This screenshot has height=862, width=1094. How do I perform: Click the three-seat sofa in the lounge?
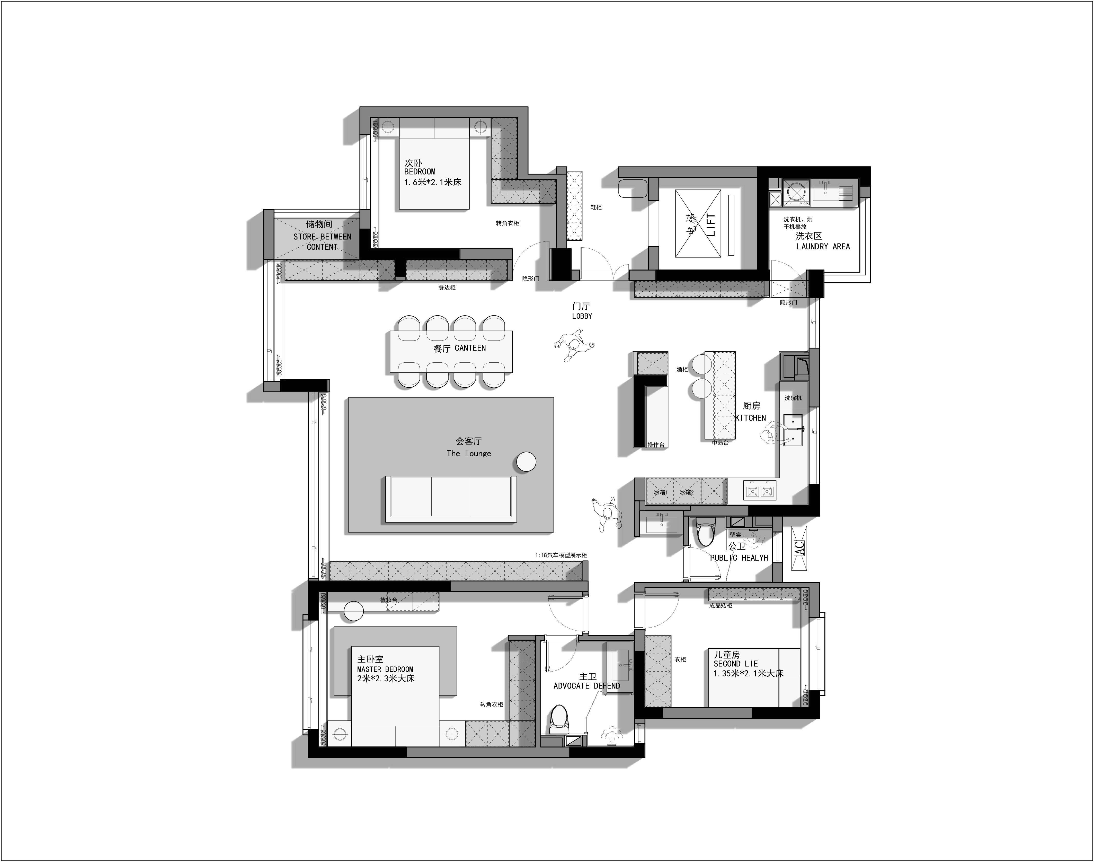coord(451,499)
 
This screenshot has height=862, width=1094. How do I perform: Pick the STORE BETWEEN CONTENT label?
coord(322,242)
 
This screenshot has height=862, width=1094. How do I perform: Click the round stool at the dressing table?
coord(354,611)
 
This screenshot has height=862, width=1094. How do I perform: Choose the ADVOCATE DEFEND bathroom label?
coord(586,686)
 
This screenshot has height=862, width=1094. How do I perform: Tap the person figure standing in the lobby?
coord(574,345)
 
